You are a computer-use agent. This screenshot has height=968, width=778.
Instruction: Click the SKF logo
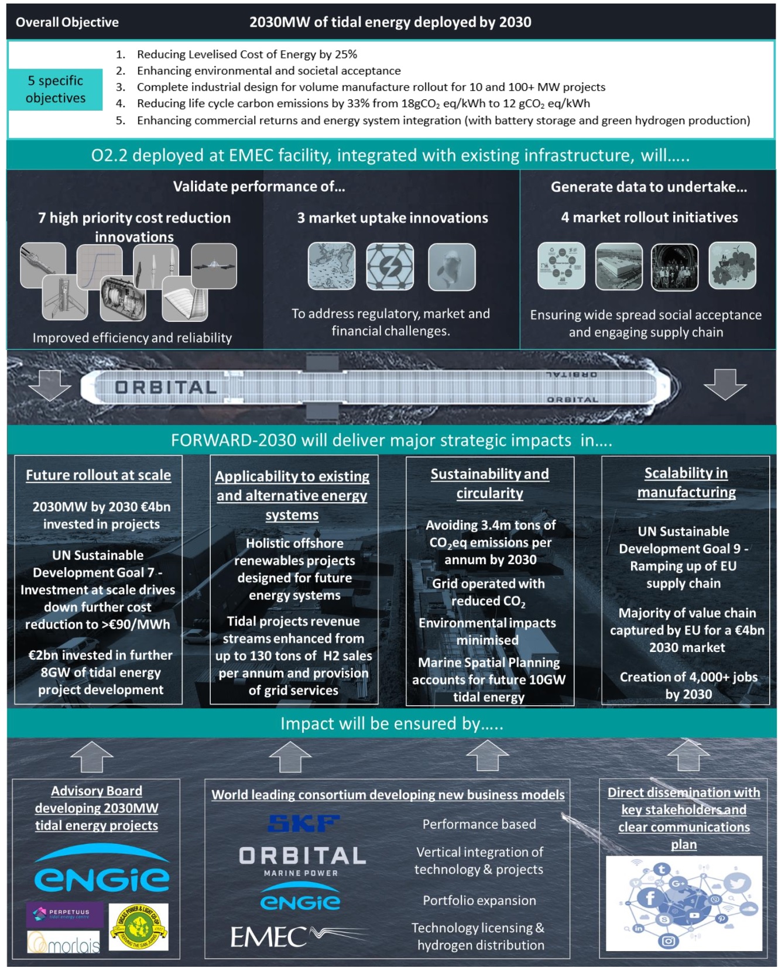tap(303, 823)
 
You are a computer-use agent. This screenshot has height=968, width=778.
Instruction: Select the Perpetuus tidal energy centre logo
tap(64, 914)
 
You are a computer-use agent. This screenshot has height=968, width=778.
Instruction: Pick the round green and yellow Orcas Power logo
tap(139, 926)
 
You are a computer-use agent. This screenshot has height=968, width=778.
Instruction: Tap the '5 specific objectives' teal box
tap(56, 89)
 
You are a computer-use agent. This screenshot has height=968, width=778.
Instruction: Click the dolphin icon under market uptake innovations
tap(451, 267)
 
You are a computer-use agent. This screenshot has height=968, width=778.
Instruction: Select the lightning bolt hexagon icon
tap(389, 267)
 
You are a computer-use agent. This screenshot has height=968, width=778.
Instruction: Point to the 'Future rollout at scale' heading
tap(98, 475)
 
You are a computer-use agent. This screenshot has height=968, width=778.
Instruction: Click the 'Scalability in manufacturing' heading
tap(686, 482)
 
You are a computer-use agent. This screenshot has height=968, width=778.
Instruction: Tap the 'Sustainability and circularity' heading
tap(490, 483)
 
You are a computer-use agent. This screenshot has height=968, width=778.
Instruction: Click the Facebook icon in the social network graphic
tap(649, 897)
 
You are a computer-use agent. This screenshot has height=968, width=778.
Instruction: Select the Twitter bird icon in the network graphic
tap(736, 883)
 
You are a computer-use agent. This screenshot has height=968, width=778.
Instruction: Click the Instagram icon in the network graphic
tap(668, 940)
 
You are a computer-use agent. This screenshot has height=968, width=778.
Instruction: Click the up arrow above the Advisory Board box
tap(92, 757)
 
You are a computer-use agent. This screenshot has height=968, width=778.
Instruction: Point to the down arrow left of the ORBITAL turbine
tap(50, 385)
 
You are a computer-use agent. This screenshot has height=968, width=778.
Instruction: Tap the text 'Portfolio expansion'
tap(479, 900)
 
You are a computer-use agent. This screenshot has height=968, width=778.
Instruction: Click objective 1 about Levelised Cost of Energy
tap(246, 54)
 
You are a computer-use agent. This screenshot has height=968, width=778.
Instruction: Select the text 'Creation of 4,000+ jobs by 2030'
tap(688, 685)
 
